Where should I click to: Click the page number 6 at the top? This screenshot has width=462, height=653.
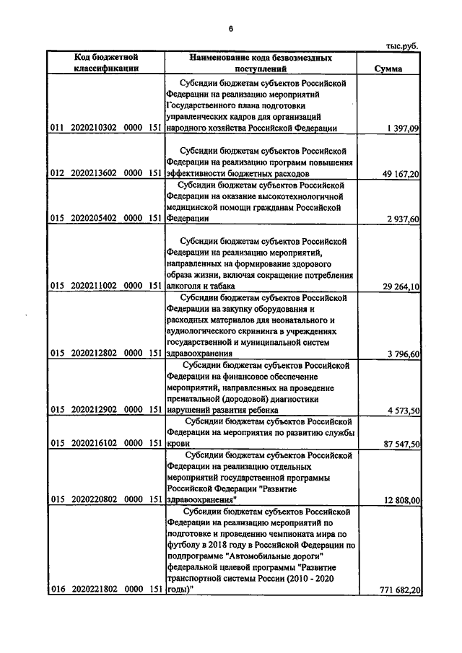[x=230, y=29]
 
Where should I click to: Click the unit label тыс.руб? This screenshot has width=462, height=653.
[x=402, y=45]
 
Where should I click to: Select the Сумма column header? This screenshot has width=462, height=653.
[x=389, y=69]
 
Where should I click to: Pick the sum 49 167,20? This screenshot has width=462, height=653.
[x=400, y=174]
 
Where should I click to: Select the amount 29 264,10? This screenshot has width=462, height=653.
[x=400, y=287]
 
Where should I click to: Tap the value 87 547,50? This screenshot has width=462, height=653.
[x=400, y=445]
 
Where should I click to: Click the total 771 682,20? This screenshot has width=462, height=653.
[x=397, y=591]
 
